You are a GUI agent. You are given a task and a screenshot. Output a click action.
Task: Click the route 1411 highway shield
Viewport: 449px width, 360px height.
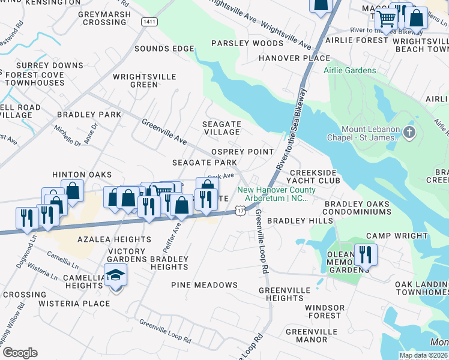(x=149, y=22)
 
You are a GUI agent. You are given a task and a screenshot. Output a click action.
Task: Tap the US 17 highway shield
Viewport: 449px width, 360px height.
(x=240, y=211)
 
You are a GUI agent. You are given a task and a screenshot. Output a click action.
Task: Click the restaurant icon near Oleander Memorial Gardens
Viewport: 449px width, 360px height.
(x=365, y=254)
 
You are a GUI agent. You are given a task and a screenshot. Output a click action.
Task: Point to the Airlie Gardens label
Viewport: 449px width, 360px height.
(x=350, y=70)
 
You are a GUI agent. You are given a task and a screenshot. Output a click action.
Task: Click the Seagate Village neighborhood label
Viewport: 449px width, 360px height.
(x=222, y=128)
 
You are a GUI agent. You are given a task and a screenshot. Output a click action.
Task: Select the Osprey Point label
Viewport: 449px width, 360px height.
(x=243, y=152)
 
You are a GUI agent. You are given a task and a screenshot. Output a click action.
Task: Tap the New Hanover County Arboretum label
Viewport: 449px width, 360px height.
(x=273, y=194)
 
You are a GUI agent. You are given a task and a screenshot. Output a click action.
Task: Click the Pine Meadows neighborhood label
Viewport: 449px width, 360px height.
(x=204, y=285)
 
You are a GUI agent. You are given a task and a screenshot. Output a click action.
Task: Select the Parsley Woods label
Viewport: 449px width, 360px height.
(x=247, y=43)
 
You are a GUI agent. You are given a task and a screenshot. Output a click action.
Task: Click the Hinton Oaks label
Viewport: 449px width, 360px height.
(x=82, y=175)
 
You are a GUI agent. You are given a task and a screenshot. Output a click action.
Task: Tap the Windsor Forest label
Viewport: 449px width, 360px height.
(x=325, y=311)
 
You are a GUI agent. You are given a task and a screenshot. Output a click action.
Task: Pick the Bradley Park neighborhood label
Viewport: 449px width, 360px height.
(x=89, y=114)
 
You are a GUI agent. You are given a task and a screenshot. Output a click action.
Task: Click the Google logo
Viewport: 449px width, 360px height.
(x=20, y=353)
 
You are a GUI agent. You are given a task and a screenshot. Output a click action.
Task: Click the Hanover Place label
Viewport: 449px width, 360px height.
(x=294, y=58)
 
